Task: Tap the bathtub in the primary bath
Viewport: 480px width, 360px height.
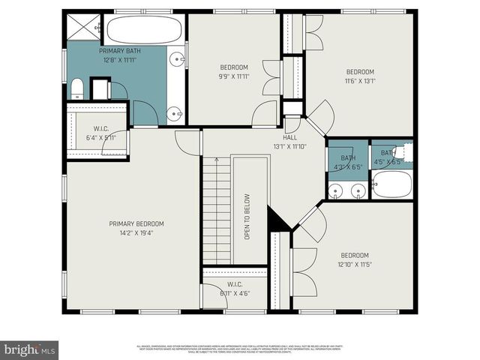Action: (143, 30)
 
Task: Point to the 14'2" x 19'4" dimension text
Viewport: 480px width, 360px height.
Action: (136, 232)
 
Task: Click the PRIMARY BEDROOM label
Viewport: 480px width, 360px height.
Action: (136, 223)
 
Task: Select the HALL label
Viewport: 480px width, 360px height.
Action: (289, 138)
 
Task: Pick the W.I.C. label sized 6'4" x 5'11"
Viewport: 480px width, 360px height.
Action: (101, 133)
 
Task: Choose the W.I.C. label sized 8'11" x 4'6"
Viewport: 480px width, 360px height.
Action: (234, 289)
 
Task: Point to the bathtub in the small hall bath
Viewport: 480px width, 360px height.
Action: (391, 184)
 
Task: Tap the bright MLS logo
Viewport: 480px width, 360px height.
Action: (30, 349)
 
